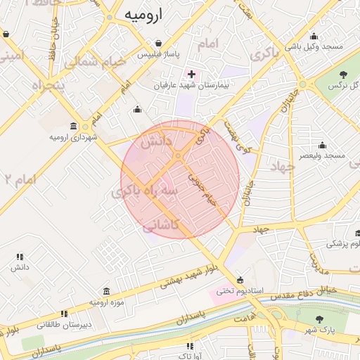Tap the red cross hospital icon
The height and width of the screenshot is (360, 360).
tap(191, 73)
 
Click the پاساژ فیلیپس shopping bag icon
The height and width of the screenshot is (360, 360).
tap(157, 42)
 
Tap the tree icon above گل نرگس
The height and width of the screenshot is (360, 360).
tap(343, 74)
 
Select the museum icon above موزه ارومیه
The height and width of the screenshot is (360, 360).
tap(105, 291)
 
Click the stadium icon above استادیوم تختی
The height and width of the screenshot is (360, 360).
tap(240, 279)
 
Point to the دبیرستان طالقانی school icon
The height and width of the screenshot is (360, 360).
tap(64, 314)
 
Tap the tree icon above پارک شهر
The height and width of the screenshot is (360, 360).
tap(320, 319)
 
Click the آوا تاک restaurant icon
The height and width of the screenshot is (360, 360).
tap(189, 346)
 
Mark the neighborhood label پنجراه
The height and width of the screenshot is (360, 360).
tap(42, 86)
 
